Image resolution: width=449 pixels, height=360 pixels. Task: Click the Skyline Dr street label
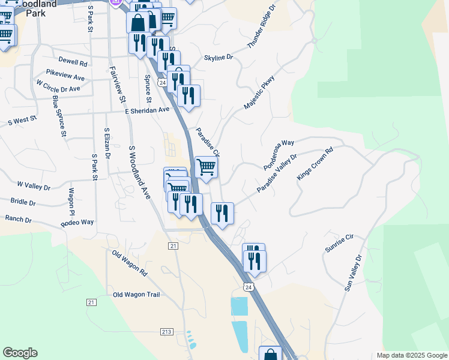point(218,58)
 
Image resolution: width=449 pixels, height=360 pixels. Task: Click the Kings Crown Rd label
point(315,164)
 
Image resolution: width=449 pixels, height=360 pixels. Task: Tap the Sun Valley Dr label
point(354,273)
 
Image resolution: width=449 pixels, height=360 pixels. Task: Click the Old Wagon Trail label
point(136,295)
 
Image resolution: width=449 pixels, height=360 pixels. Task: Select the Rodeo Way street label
point(77,223)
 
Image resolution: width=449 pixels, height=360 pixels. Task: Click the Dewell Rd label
point(73,62)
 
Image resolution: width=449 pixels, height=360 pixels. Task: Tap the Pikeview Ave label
point(65,77)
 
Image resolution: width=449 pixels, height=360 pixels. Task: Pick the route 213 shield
point(167,332)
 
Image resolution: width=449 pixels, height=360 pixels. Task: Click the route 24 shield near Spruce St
point(163,82)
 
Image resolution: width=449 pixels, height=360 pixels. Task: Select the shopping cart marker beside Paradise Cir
point(206,166)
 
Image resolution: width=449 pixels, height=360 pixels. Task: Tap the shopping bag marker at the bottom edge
point(270,354)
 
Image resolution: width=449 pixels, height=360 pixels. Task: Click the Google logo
point(20,353)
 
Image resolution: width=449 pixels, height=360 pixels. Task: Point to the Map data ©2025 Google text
point(411,355)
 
